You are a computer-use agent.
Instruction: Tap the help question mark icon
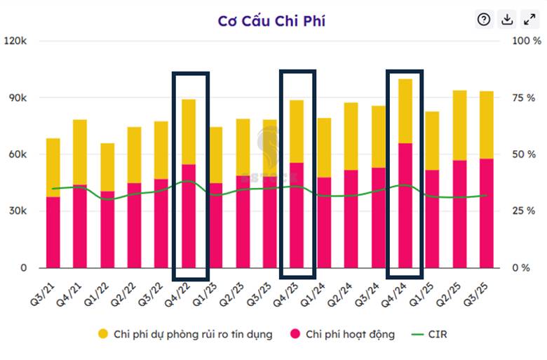[x=484, y=20]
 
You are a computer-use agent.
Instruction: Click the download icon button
[x=506, y=20]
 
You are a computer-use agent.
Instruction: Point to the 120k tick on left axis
[x=15, y=41]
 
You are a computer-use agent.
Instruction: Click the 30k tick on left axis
[x=17, y=211]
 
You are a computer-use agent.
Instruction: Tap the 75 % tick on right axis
[x=527, y=98]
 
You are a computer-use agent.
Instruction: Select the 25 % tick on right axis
[x=527, y=211]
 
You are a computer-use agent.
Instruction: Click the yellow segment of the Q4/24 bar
[x=405, y=111]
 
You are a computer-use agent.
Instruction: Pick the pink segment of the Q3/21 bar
[x=53, y=232]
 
